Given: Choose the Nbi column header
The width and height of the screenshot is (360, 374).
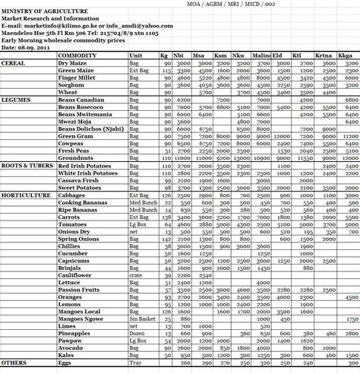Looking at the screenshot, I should point(181,56).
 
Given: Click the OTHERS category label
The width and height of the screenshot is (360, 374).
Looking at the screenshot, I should point(14,364).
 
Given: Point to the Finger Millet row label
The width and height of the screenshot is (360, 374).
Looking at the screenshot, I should point(77,78).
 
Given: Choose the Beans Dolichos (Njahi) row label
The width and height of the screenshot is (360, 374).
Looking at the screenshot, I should point(90,128).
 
